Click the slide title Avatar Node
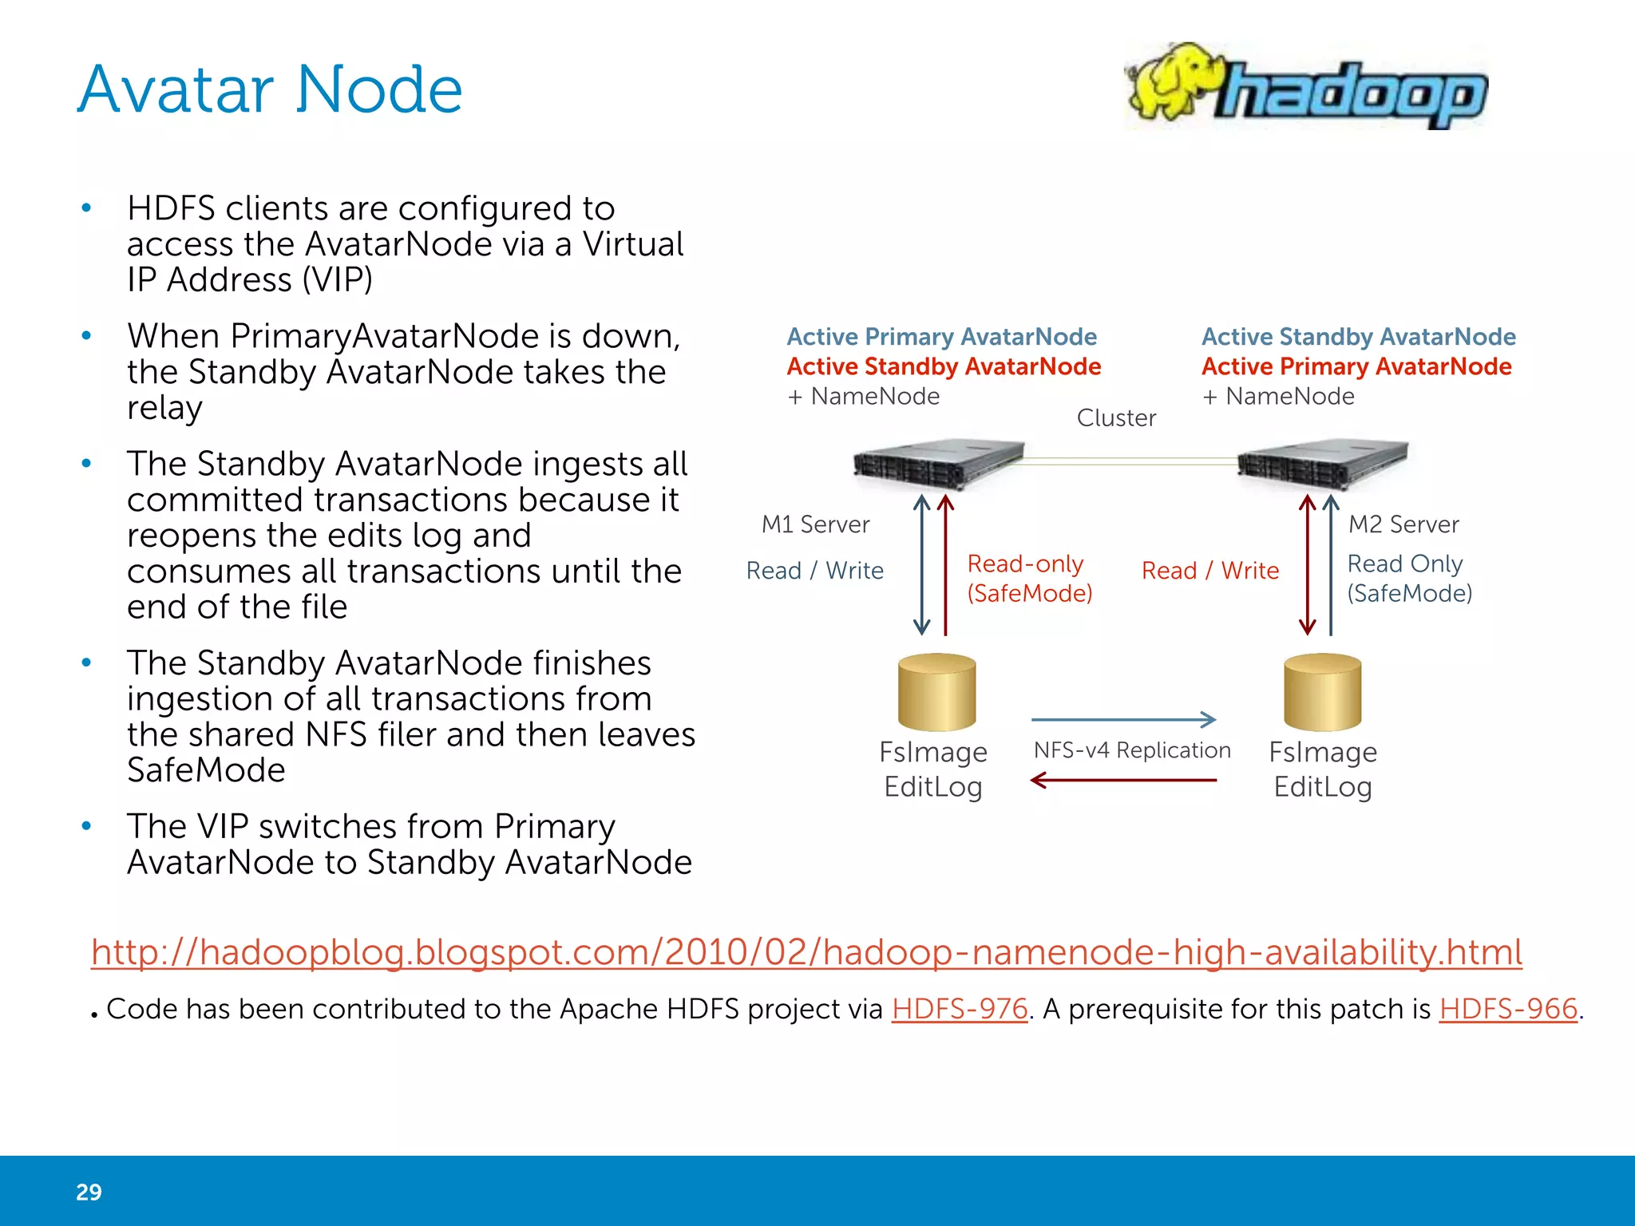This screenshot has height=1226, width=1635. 270,89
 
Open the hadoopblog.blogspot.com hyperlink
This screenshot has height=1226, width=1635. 806,952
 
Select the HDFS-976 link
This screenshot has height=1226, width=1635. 959,1009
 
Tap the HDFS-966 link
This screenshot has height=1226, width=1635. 1508,1009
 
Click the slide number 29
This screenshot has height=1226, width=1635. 89,1192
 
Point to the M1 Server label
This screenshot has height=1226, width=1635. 815,524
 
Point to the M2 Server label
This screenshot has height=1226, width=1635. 1403,524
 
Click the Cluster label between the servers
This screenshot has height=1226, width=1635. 1116,417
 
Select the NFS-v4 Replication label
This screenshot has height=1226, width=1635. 1132,750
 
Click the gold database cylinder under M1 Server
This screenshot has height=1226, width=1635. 936,692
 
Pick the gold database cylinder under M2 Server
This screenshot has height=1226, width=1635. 1322,692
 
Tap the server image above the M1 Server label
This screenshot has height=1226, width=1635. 938,463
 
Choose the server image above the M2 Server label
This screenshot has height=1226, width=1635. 1322,463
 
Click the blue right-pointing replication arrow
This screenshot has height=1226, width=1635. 1123,719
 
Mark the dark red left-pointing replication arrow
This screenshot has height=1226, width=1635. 1123,780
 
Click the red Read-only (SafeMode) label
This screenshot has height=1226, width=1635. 1029,579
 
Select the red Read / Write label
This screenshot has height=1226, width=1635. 1209,571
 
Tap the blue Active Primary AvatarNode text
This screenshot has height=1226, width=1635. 941,337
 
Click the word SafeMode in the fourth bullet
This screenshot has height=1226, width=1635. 206,770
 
